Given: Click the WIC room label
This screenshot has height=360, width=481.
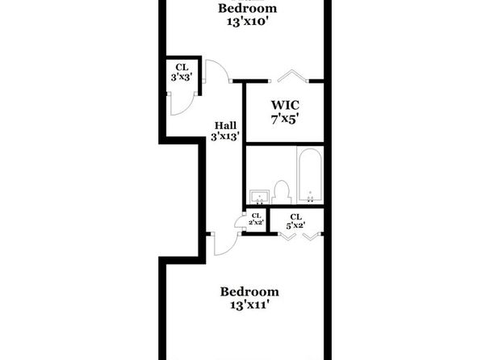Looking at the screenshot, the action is (x=285, y=105).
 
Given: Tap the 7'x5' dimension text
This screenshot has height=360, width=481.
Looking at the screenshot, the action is (x=285, y=119).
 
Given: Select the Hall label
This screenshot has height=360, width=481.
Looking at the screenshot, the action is (x=225, y=126).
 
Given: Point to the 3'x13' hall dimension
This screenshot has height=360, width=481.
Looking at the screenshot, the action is (x=225, y=136).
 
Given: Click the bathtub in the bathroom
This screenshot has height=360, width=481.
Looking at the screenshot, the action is (x=310, y=175).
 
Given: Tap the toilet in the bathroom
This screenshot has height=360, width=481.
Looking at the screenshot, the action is (x=282, y=193).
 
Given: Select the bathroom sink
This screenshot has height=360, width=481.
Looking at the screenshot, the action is (x=260, y=197).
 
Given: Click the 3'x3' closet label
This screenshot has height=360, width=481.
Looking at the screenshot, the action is (x=182, y=77).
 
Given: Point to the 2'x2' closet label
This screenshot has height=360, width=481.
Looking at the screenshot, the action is (x=257, y=222).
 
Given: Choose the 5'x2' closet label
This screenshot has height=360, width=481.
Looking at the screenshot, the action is (x=295, y=226).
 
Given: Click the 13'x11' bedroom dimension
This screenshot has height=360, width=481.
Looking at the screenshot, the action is (x=249, y=305).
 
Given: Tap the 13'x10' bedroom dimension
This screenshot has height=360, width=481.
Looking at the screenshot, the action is (x=249, y=22).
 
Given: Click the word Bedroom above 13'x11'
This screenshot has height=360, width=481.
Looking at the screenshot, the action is (x=249, y=291).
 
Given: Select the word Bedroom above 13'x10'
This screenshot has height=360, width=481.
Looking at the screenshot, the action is (x=248, y=8).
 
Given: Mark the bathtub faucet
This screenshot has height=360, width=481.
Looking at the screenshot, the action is (x=311, y=197).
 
